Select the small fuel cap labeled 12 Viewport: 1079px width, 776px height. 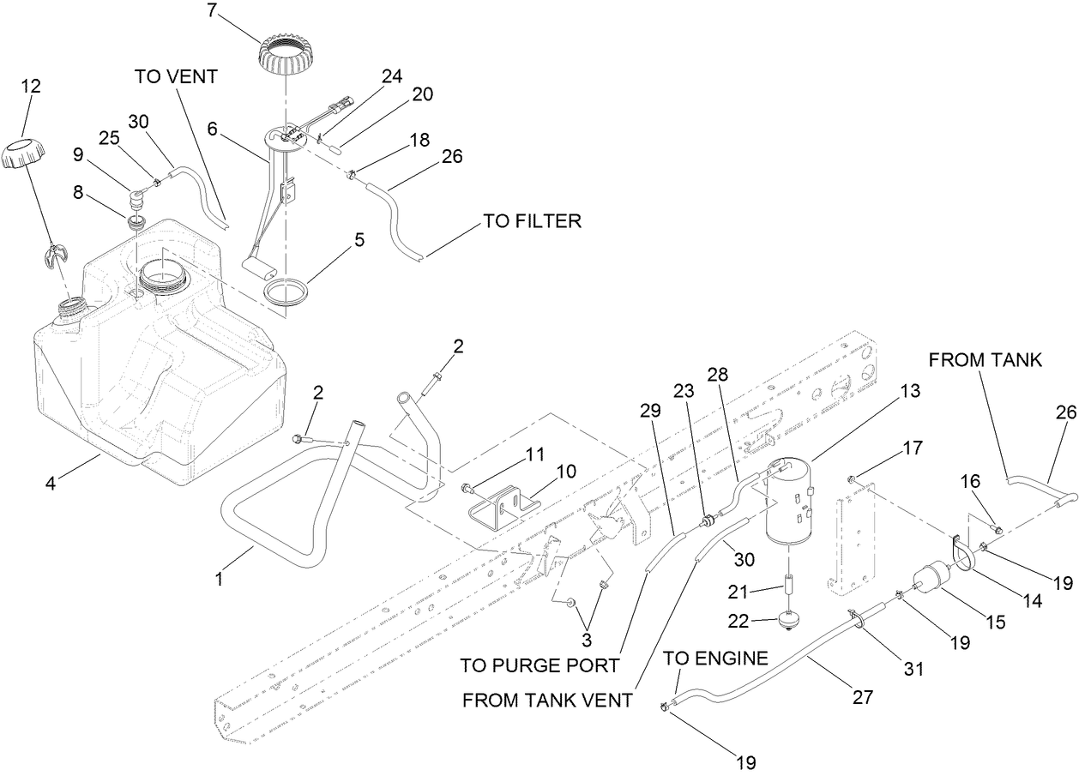click(24, 155)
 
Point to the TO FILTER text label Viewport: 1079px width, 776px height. click(532, 221)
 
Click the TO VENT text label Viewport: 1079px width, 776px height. click(176, 76)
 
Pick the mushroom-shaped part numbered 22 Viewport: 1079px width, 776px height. click(787, 621)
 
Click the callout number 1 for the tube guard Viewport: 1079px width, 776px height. click(219, 580)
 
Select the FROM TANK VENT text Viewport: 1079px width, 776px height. click(547, 700)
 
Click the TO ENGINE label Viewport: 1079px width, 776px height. click(715, 659)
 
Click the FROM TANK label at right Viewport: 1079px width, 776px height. click(986, 360)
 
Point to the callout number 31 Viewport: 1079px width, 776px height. click(914, 669)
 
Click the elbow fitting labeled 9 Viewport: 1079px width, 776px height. click(136, 200)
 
